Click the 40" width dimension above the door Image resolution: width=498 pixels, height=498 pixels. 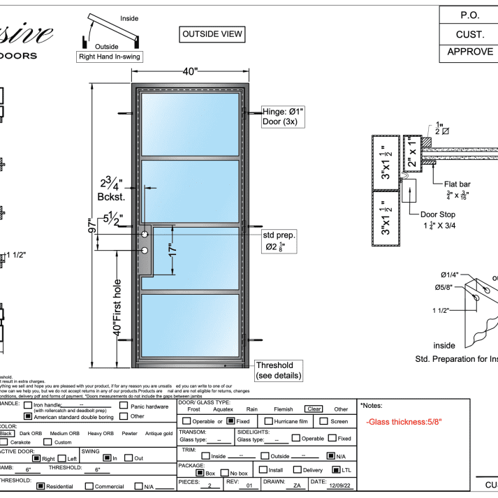coord(190,71)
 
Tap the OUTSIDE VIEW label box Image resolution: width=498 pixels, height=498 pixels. coord(212,34)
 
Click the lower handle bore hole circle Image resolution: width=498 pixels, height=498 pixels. coord(145,251)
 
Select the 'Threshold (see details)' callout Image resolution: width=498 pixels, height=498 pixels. coord(279,370)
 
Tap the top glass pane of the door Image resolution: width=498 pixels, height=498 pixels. coord(190,125)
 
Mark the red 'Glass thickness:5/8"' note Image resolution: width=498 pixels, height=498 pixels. coord(404,422)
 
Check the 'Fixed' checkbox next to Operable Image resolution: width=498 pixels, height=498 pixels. coord(231,421)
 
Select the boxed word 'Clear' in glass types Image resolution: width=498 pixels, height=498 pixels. coord(314,409)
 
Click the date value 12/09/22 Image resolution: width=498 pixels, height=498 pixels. coord(340,484)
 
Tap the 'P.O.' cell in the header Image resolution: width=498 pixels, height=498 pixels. coord(469,15)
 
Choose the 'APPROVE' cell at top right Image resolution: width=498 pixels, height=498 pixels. coord(469,52)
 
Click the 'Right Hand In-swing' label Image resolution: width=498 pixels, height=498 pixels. coord(110,58)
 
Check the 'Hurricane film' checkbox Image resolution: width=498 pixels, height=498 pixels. coord(268,421)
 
